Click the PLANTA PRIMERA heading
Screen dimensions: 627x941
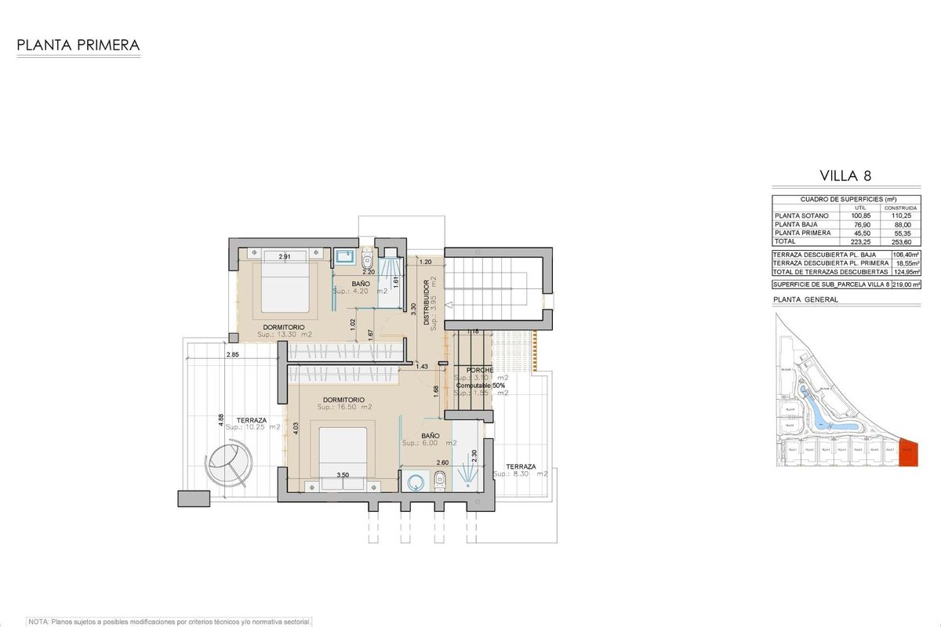(78, 45)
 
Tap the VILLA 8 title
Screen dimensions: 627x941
(845, 176)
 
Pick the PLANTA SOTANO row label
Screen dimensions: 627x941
(800, 216)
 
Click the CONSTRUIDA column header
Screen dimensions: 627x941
(899, 208)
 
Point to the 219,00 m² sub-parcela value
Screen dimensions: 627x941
(906, 285)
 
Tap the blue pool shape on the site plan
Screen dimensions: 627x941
(816, 408)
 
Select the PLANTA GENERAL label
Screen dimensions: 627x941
(805, 299)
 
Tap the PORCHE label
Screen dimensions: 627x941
(479, 370)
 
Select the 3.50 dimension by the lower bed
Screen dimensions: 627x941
(343, 475)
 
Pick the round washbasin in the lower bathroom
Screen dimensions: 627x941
(415, 482)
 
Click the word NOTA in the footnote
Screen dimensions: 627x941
(38, 622)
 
